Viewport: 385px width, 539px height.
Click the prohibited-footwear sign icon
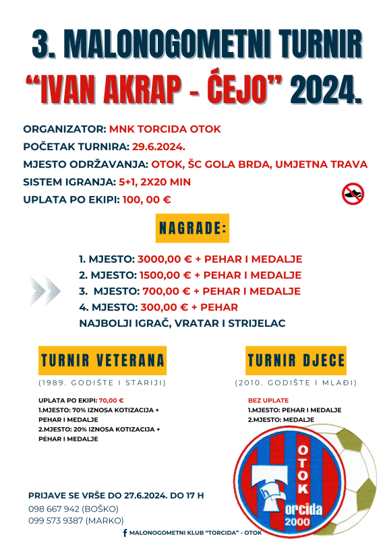tap(353, 194)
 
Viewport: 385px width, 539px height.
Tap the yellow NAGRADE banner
tap(192, 228)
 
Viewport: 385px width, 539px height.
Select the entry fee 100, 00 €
tap(146, 199)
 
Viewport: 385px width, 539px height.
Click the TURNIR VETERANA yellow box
tap(103, 360)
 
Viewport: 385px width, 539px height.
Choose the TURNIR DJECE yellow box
tap(296, 360)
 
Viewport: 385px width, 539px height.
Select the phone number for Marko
tap(56, 521)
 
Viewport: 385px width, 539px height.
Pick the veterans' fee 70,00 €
tap(111, 400)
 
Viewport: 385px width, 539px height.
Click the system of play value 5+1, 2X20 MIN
tap(154, 182)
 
